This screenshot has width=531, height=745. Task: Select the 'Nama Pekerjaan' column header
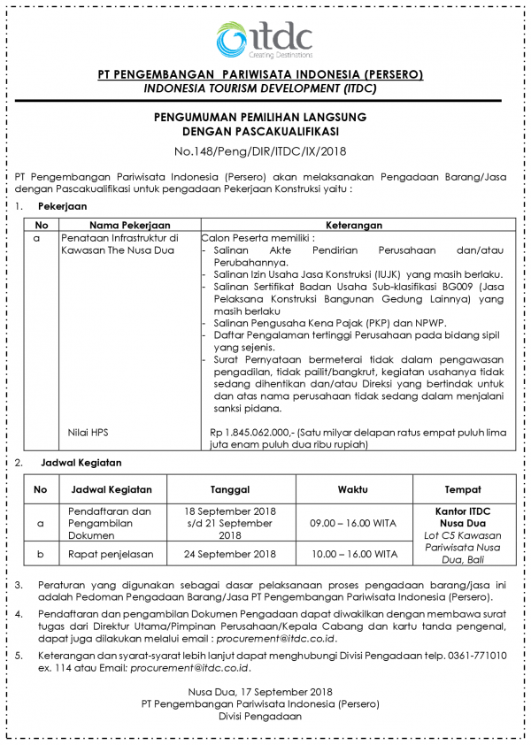point(129,226)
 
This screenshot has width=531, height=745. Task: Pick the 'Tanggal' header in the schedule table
point(230,489)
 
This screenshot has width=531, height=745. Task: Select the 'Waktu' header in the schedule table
point(353,489)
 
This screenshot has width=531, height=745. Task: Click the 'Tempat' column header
point(463,489)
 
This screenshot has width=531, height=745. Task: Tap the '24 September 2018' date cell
point(230,555)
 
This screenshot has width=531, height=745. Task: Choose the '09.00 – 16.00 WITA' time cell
point(353,523)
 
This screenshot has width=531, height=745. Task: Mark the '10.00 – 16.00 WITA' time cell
point(353,555)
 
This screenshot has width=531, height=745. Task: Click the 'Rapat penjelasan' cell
point(112,555)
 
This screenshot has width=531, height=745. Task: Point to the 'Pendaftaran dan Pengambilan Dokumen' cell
point(112,523)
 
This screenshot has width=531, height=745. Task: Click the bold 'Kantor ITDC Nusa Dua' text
point(463,517)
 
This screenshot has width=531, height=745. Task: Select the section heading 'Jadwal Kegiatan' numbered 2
point(81,463)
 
